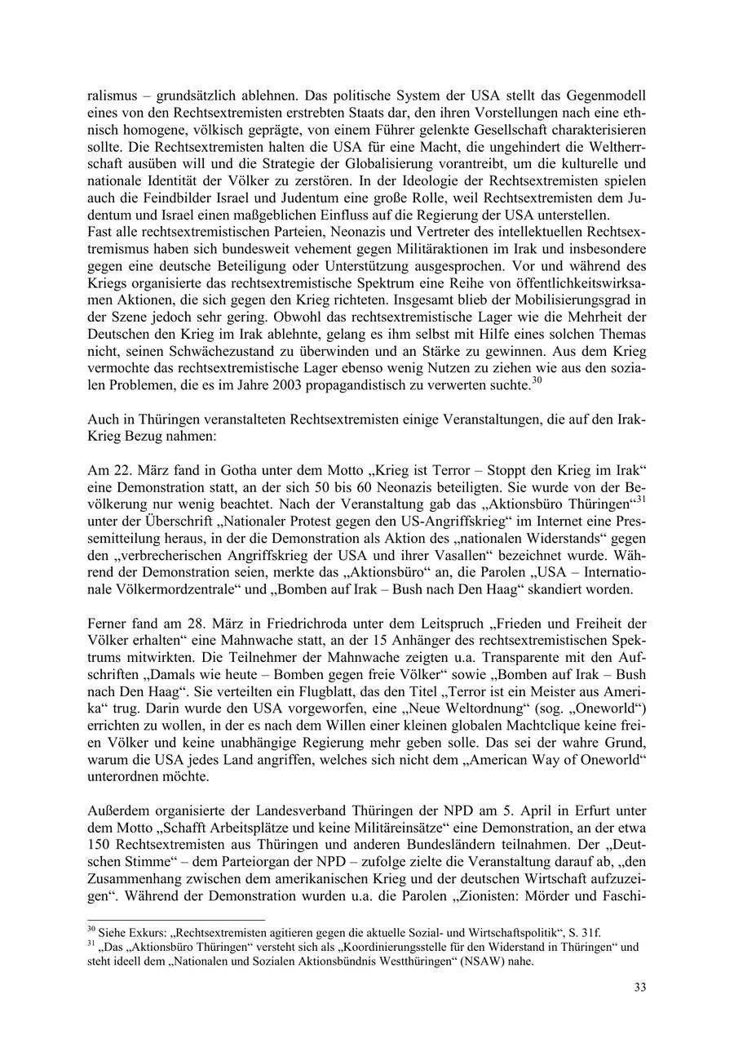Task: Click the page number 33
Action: click(x=640, y=988)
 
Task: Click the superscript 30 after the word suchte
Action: click(x=537, y=380)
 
